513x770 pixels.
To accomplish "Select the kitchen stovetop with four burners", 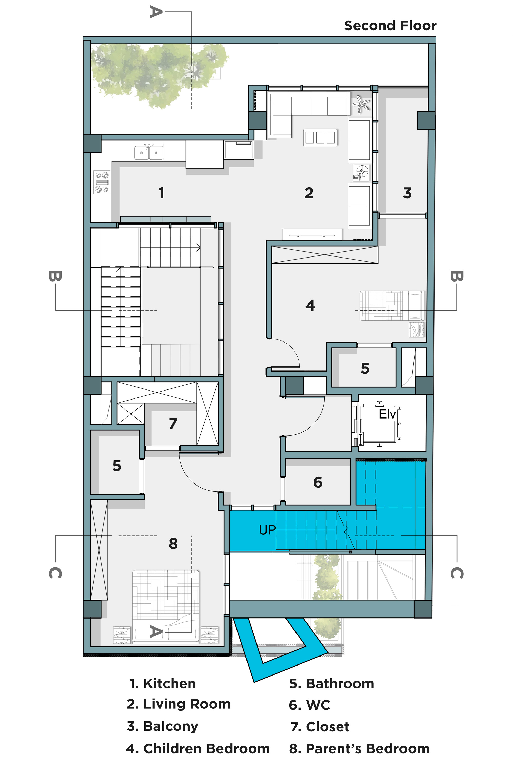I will pos(102,182).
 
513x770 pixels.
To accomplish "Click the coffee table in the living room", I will pos(320,137).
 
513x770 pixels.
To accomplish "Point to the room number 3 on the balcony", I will pos(407,193).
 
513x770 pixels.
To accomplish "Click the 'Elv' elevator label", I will pos(387,414).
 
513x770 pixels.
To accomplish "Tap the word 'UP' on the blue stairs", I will pos(267,530).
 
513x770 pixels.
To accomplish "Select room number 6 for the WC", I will pos(318,482).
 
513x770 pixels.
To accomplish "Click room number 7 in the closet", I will pos(173,423).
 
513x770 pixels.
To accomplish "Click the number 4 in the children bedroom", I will pos(310,305).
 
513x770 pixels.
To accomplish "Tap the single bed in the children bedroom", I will pos(391,306).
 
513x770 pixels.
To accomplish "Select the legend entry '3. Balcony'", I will pos(163,726).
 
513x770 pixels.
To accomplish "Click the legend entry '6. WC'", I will pos(310,705).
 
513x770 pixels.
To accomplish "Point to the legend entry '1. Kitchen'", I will pos(163,683).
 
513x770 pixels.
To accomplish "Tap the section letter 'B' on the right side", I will pos(457,276).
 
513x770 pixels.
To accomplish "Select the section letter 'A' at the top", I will pos(156,12).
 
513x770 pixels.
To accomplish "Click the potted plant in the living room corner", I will pos(361,104).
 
